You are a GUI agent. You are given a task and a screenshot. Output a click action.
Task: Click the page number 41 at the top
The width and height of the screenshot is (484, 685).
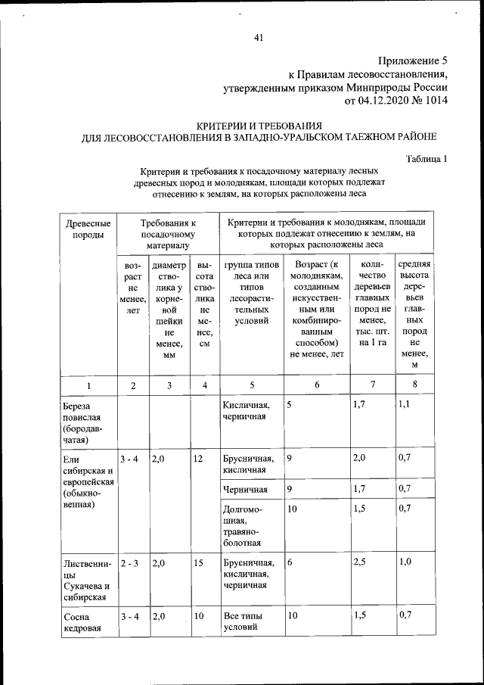(259, 39)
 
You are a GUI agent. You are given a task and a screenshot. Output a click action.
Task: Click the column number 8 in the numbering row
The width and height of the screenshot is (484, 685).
(414, 385)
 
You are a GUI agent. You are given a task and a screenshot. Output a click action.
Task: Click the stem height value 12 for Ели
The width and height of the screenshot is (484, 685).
(198, 459)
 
